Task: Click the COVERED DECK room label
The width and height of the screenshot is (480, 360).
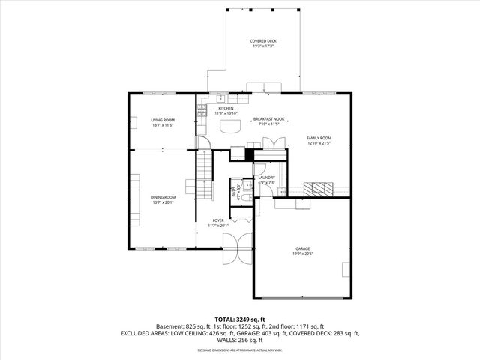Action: [x=262, y=40]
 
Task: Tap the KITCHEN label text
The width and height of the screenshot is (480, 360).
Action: [x=226, y=108]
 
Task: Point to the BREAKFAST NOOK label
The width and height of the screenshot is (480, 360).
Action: [x=268, y=119]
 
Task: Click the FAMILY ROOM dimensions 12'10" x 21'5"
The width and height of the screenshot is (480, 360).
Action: [x=319, y=143]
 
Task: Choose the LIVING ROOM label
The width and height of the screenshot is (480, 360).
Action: [x=163, y=120]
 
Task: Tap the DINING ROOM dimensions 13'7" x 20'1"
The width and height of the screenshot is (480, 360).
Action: [x=163, y=202]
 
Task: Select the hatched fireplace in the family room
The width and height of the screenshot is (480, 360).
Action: [x=320, y=188]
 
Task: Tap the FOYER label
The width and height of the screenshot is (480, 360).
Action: [x=217, y=220]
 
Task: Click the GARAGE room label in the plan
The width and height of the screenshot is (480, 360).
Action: [x=302, y=248]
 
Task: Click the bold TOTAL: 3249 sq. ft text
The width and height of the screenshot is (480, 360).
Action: [x=239, y=319]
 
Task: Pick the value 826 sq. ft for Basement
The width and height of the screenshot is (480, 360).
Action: [x=202, y=326]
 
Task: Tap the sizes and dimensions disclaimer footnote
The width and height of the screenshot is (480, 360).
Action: [x=239, y=349]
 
